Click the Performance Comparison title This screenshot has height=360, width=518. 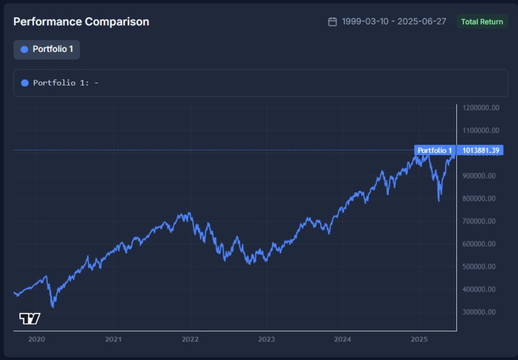(x=81, y=22)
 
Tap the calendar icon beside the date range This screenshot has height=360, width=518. (x=332, y=22)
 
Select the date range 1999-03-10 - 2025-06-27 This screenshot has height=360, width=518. (x=394, y=22)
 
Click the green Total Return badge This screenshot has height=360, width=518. (x=482, y=22)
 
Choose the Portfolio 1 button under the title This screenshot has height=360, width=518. (x=47, y=50)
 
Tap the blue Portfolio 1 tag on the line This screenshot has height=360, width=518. (x=434, y=150)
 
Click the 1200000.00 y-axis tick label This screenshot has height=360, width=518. (x=481, y=108)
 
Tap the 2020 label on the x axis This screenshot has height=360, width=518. (x=37, y=339)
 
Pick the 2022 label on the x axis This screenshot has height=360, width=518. (x=190, y=339)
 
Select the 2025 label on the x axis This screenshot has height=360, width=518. (x=419, y=339)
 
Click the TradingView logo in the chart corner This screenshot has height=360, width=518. (x=30, y=318)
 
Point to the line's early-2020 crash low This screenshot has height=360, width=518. (x=53, y=307)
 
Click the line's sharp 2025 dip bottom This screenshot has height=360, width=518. (x=439, y=200)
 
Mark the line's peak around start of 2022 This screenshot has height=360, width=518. (x=188, y=213)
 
